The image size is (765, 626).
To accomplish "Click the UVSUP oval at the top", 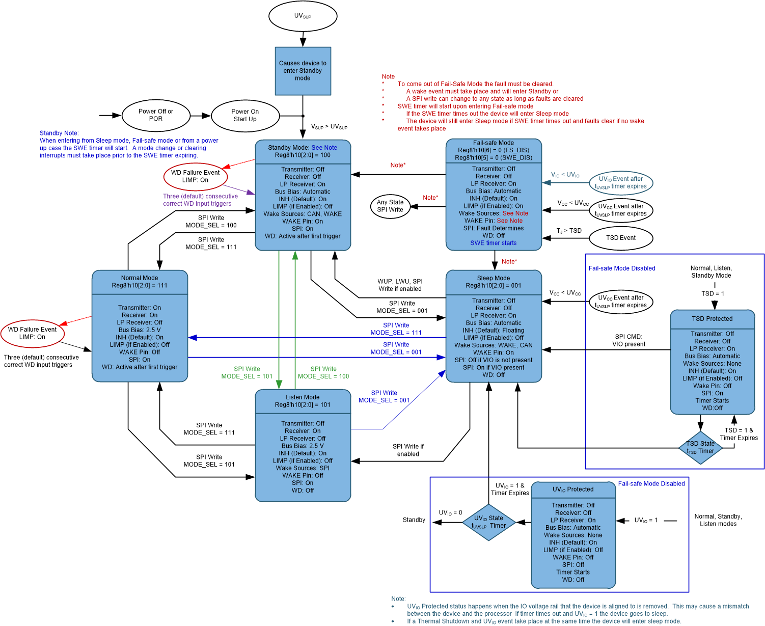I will click(x=303, y=16).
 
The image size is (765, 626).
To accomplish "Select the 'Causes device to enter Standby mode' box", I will click(x=303, y=71).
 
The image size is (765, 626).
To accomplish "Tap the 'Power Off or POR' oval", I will click(x=156, y=115).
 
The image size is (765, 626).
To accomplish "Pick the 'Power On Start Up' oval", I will click(x=245, y=115).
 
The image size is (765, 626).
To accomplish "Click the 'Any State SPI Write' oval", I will click(x=390, y=206).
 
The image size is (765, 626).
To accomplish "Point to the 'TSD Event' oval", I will click(x=620, y=238).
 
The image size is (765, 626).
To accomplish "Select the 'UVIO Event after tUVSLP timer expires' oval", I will click(x=621, y=182).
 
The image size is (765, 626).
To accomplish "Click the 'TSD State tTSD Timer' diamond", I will click(x=700, y=448).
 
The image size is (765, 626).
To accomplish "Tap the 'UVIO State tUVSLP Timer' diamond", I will click(x=488, y=522).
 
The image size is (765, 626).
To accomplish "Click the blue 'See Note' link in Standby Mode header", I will click(x=324, y=148).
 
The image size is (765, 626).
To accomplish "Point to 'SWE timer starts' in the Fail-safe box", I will click(x=493, y=243).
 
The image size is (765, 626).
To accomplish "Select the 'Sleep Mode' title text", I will click(x=493, y=278).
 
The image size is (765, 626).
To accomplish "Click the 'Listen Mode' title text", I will click(x=303, y=397).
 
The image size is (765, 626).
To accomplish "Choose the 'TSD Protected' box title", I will click(x=712, y=319).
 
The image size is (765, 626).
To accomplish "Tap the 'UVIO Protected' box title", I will click(x=573, y=489).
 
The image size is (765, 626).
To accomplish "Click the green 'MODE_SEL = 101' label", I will click(x=247, y=376).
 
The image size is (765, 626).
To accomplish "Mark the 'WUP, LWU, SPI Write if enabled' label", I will click(x=400, y=285).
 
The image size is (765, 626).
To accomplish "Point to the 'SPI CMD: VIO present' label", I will click(x=629, y=340).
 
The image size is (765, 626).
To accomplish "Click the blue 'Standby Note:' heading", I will click(x=59, y=133).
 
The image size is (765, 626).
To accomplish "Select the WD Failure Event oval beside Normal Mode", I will click(x=33, y=333).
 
